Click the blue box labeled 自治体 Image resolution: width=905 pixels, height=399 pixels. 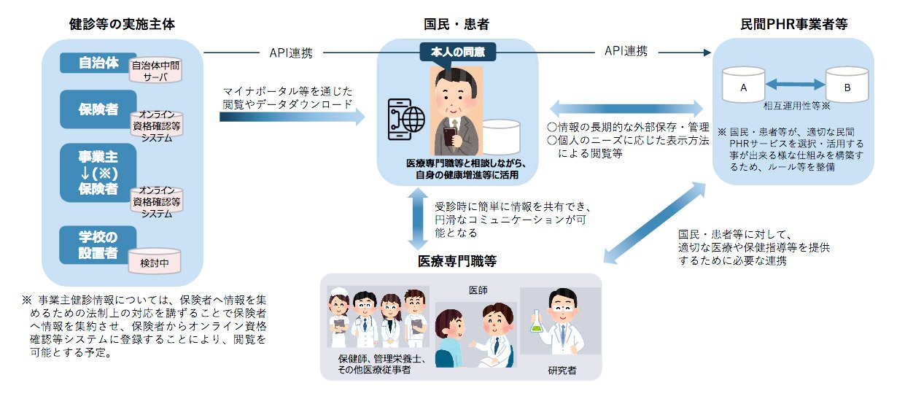[98, 63]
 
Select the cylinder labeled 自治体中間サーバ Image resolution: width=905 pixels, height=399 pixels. [155, 70]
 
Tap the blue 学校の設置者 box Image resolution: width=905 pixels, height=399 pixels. [98, 245]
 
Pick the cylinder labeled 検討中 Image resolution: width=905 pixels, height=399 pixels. [155, 261]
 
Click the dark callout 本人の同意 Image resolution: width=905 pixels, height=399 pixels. [457, 52]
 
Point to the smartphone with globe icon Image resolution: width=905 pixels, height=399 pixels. [406, 120]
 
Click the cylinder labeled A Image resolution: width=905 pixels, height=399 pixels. [743, 85]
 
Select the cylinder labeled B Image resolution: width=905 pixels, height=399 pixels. [847, 85]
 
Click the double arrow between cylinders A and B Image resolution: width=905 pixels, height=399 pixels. [795, 84]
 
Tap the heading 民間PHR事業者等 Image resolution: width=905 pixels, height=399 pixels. [793, 24]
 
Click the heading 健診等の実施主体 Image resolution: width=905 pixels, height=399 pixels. [122, 24]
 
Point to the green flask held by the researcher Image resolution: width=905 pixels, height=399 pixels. [536, 322]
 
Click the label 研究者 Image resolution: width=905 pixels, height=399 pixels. [562, 370]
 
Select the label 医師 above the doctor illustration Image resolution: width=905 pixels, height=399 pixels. [478, 290]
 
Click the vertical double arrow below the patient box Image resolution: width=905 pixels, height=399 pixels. [418, 219]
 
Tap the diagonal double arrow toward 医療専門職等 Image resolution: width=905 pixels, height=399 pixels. [655, 223]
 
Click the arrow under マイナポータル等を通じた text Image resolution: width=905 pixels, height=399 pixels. [292, 117]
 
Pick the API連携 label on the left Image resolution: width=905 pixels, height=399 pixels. [291, 53]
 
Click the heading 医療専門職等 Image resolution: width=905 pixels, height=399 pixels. [457, 261]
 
